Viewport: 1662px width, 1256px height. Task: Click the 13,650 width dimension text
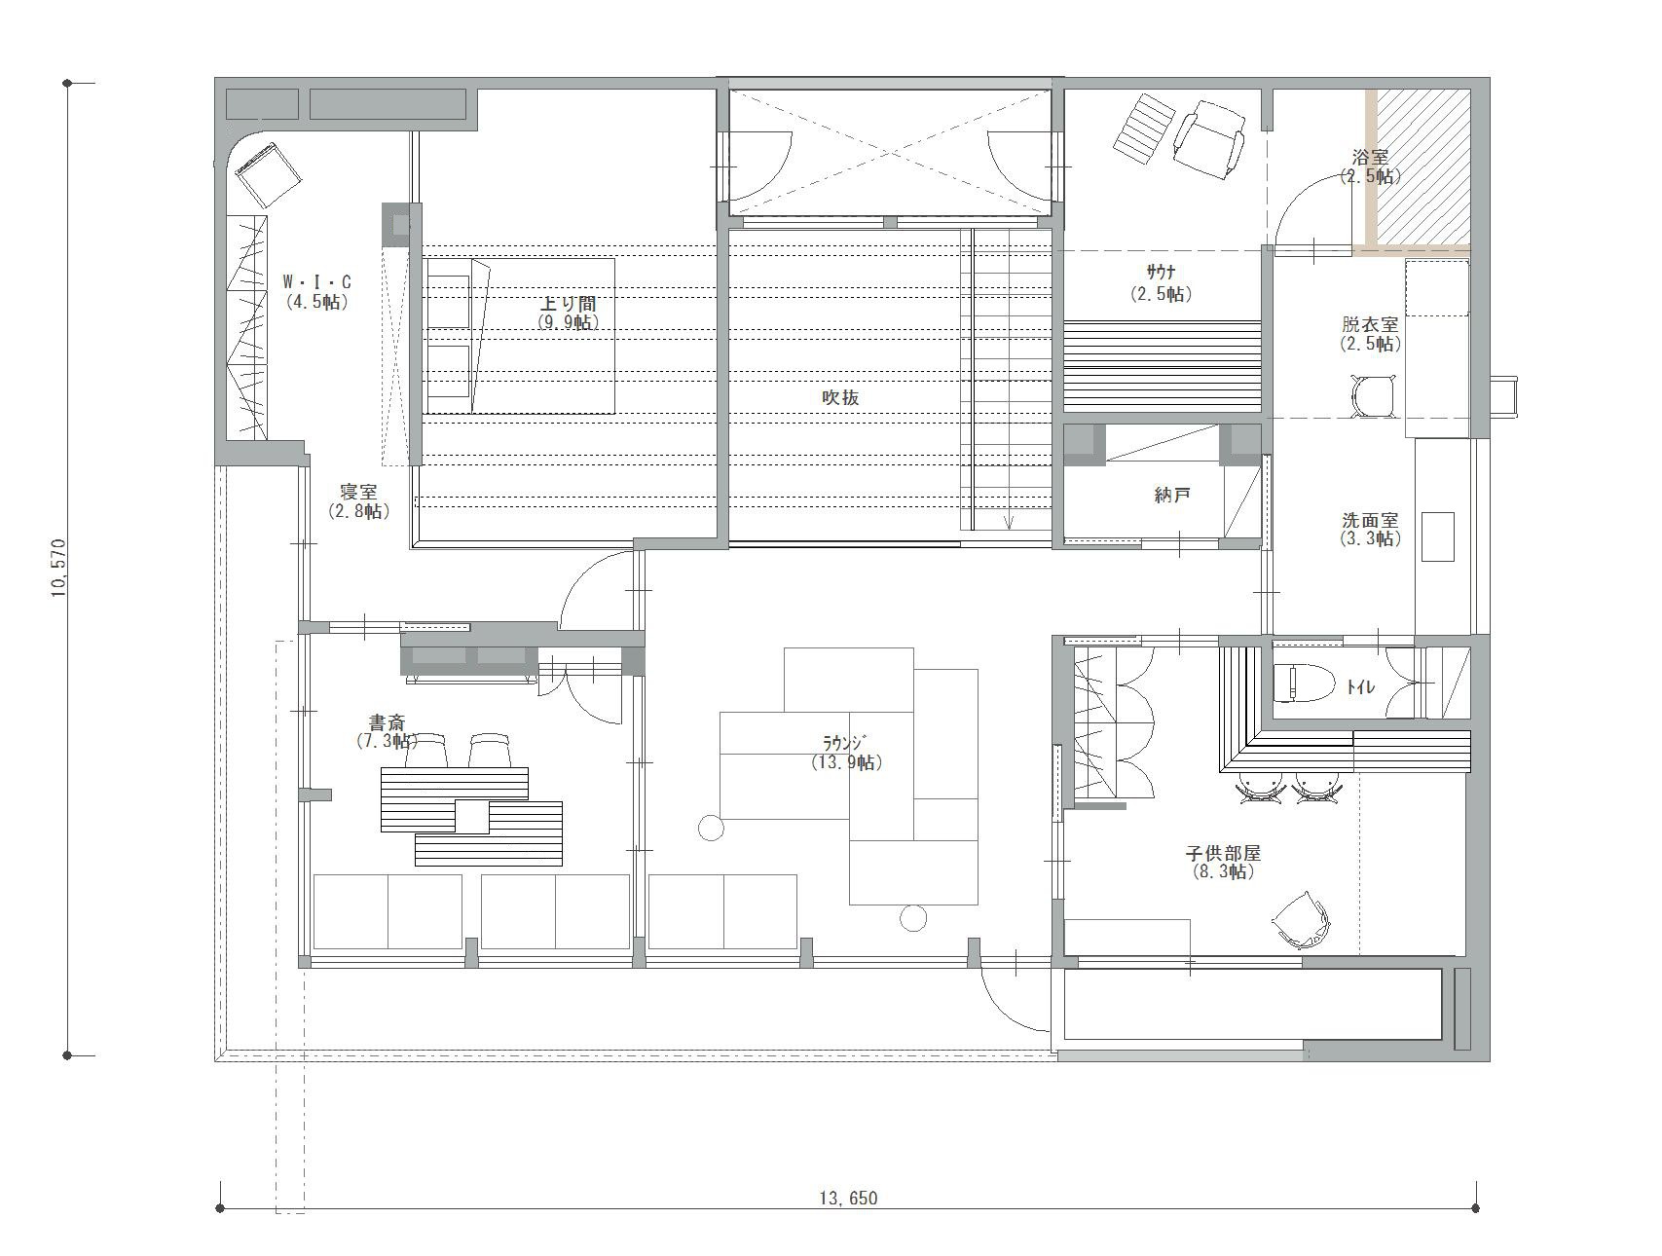(x=848, y=1199)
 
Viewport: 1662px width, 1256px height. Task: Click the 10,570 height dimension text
(x=60, y=568)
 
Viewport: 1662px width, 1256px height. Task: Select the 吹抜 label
(x=840, y=397)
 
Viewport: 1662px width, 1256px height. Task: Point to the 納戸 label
(x=1172, y=495)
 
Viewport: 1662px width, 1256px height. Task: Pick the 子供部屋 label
(x=1223, y=853)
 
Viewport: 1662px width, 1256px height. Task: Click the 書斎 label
(x=387, y=722)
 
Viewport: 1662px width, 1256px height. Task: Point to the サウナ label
(x=1161, y=275)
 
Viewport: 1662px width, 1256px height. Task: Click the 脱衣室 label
(x=1370, y=325)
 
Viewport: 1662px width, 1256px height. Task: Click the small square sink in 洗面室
(x=1438, y=536)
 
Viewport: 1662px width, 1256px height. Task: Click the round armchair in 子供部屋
(x=1302, y=920)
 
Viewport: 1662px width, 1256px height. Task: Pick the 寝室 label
(x=358, y=493)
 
